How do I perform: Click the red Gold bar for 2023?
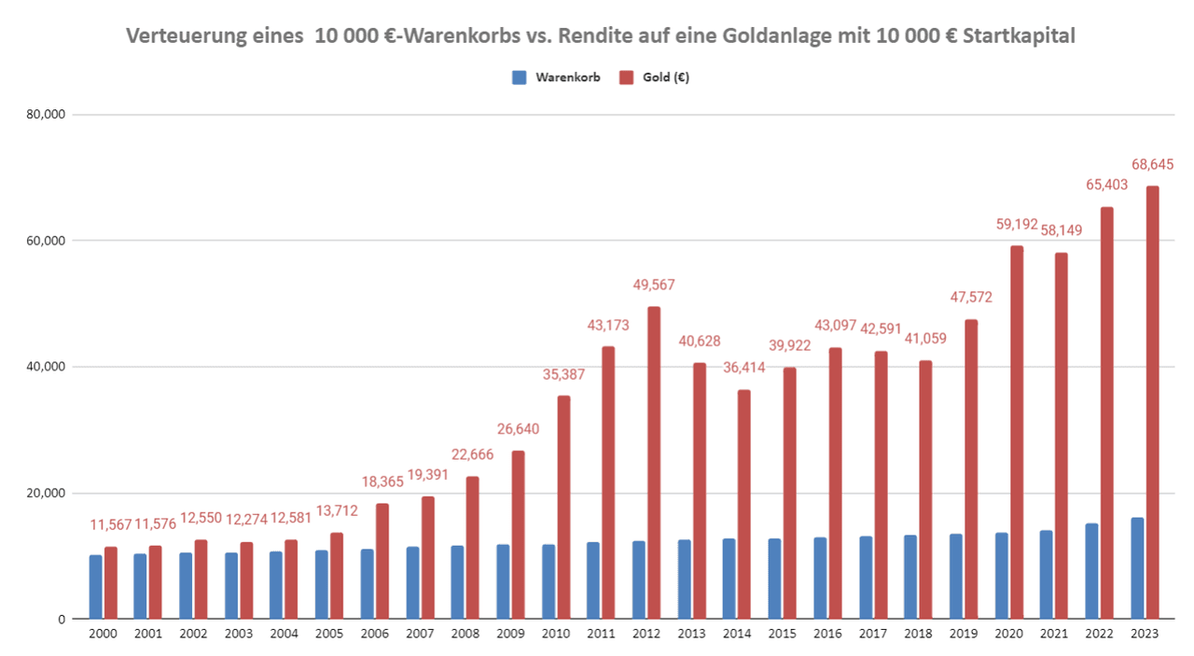(1153, 402)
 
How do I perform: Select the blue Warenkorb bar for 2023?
(1137, 568)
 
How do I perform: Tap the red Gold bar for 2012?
(654, 463)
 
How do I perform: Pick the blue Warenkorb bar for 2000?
(96, 587)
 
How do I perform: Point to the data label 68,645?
(1153, 164)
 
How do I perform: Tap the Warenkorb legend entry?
(560, 77)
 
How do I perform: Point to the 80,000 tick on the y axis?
(46, 115)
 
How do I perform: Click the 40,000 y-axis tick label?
(46, 367)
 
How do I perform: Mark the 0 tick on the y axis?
(59, 619)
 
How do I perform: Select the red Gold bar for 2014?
(744, 504)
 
